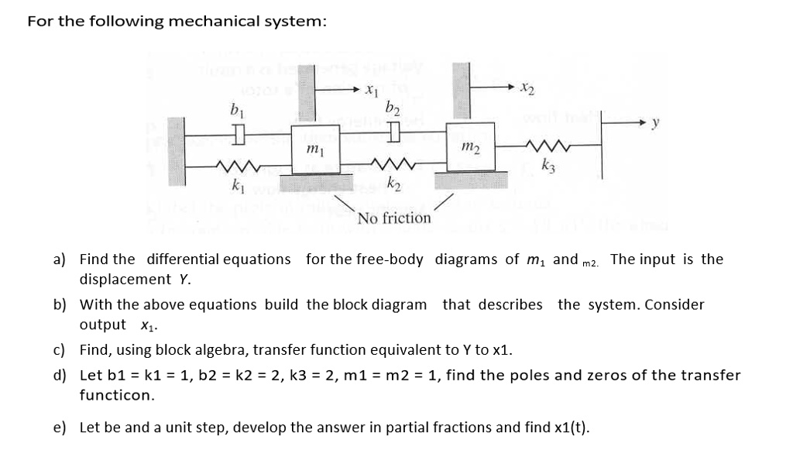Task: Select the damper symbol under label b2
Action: tap(393, 137)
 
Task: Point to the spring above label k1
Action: tap(232, 164)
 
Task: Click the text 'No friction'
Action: tap(394, 218)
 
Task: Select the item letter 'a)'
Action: tap(60, 259)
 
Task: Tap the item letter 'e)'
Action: tap(60, 428)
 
